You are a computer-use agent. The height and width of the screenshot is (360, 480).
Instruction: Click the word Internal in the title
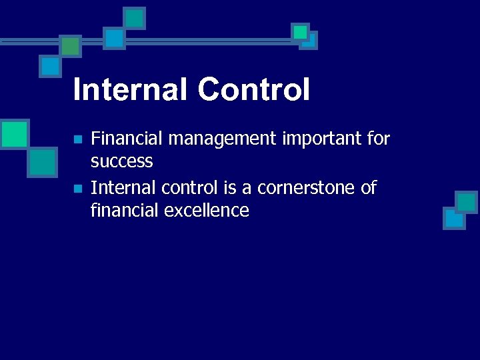tap(131, 89)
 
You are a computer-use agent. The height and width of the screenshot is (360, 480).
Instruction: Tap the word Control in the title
tap(253, 89)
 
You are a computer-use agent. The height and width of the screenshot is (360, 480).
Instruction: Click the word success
tap(122, 161)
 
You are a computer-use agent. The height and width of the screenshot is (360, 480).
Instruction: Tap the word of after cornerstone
tap(369, 188)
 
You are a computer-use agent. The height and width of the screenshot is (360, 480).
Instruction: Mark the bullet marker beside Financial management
tap(77, 140)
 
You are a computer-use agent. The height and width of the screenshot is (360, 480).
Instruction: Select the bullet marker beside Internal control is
tap(77, 189)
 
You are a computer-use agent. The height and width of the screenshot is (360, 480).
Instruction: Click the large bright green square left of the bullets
tap(14, 133)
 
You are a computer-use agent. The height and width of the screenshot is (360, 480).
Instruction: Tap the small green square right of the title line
tap(300, 32)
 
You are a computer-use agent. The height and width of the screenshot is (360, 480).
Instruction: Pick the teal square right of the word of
tap(466, 201)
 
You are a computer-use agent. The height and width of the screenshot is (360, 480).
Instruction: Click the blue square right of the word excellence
tap(454, 219)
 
